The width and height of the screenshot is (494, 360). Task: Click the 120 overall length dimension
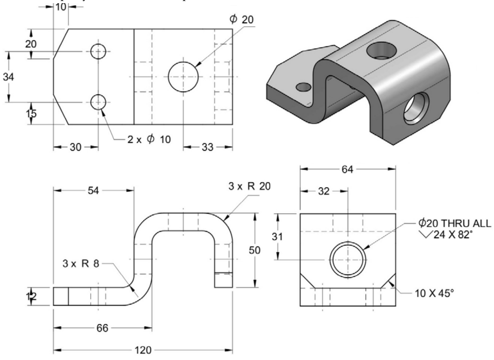click(143, 350)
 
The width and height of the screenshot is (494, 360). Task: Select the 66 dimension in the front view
click(102, 328)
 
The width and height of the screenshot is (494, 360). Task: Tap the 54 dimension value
click(93, 191)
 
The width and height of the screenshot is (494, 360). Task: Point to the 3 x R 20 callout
click(249, 186)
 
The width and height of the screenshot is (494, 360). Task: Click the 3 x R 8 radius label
click(81, 264)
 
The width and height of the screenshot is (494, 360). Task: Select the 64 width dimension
click(347, 169)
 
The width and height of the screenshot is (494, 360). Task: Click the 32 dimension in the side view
click(324, 191)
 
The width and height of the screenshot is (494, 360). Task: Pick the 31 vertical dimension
click(277, 237)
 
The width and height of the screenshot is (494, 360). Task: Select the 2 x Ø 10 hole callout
click(149, 139)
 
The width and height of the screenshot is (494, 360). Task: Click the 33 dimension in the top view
click(207, 147)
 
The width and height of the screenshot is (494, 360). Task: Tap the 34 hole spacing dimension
click(9, 77)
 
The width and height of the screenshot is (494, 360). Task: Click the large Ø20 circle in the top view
click(183, 77)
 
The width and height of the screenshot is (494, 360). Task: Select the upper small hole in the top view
click(98, 52)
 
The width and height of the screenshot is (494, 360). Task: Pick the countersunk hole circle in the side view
click(347, 260)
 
